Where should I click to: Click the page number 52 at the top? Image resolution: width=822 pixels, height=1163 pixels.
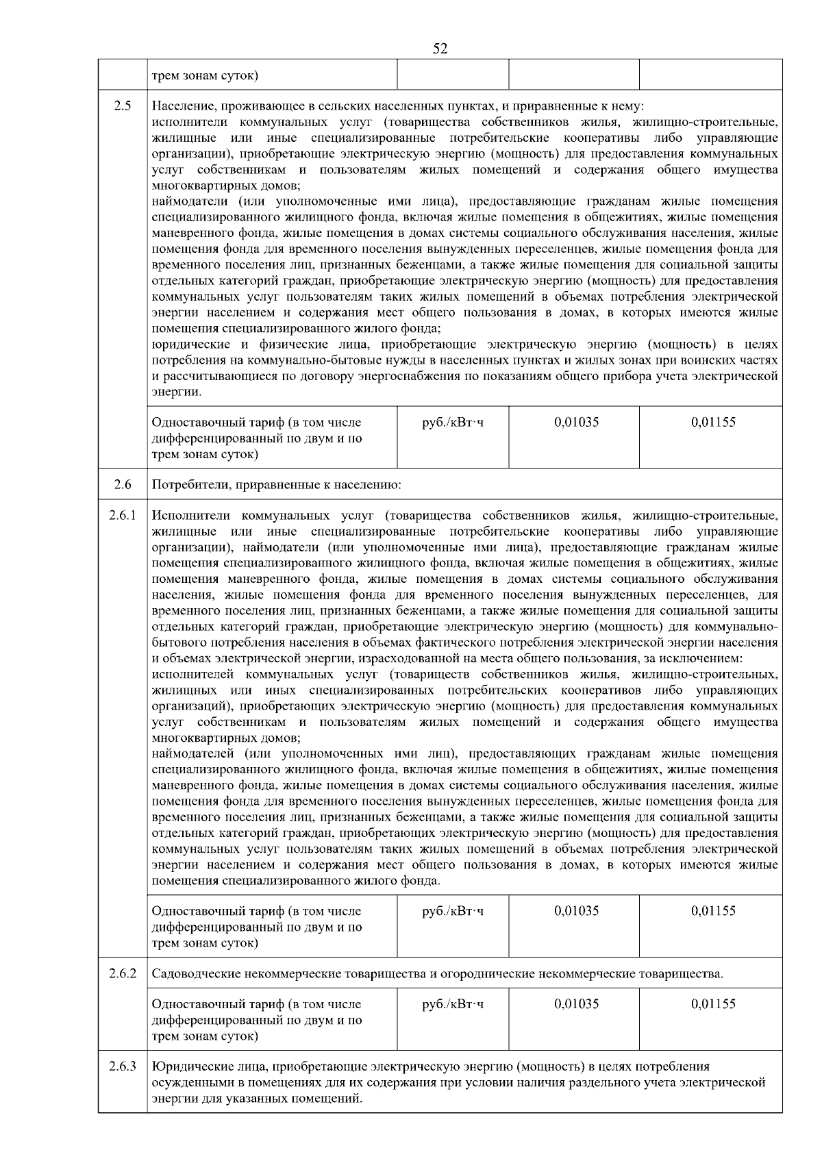pyautogui.click(x=440, y=49)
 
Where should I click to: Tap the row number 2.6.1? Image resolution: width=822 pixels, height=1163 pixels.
pyautogui.click(x=123, y=515)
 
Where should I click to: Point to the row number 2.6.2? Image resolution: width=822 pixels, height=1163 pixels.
pyautogui.click(x=123, y=973)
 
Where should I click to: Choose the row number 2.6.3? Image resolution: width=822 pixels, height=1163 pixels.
pyautogui.click(x=123, y=1066)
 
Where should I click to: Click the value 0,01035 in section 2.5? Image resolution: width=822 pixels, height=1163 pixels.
pyautogui.click(x=576, y=423)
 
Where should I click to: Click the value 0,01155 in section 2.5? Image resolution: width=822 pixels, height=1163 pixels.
pyautogui.click(x=713, y=423)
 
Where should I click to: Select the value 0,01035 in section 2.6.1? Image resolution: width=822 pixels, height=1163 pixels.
pyautogui.click(x=576, y=911)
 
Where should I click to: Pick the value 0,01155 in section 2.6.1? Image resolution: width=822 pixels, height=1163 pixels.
pyautogui.click(x=713, y=911)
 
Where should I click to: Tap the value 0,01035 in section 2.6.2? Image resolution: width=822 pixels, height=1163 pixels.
pyautogui.click(x=576, y=1004)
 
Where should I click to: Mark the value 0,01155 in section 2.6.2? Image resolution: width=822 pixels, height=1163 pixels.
pyautogui.click(x=713, y=1004)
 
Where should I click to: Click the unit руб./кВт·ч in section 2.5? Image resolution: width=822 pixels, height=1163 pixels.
pyautogui.click(x=453, y=423)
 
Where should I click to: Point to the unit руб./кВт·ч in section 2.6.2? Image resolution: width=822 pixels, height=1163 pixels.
pyautogui.click(x=453, y=1004)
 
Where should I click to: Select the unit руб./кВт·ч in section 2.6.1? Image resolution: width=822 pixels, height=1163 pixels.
pyautogui.click(x=453, y=911)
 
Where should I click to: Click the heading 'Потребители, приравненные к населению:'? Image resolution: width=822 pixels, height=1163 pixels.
pyautogui.click(x=276, y=485)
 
